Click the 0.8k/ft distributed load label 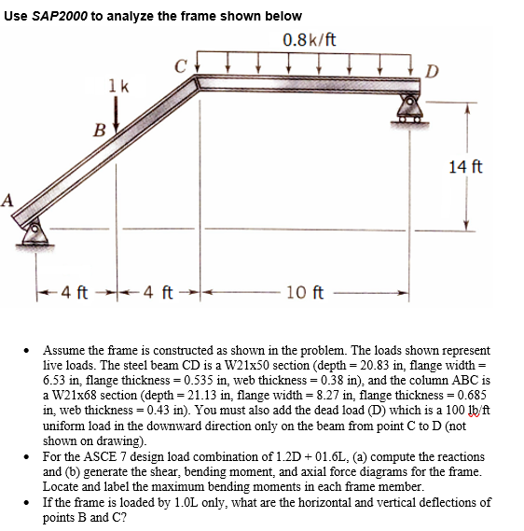click(308, 39)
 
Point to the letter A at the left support click(8, 198)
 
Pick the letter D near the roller click(429, 70)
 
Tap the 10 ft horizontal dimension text click(305, 296)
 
